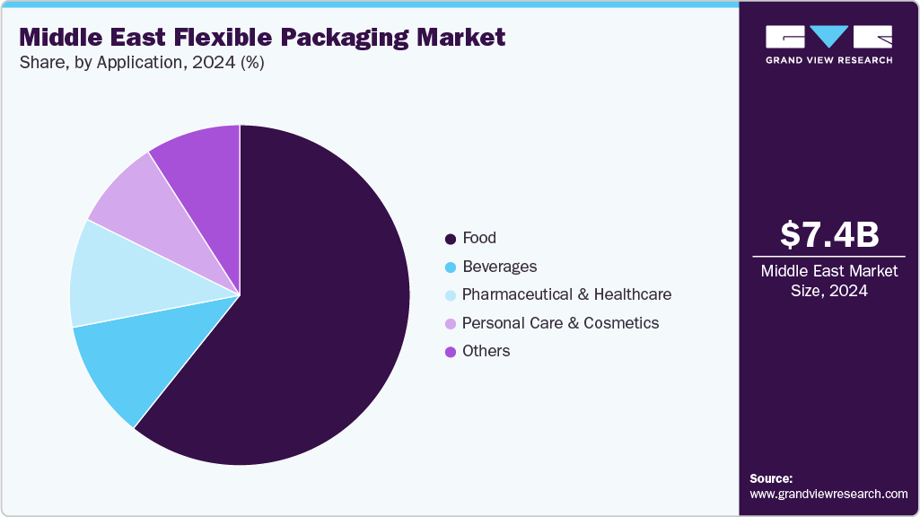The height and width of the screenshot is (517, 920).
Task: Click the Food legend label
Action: point(479,238)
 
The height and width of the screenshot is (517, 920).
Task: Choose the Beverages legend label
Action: point(499,267)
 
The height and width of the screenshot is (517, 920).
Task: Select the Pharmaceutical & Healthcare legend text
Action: point(566,294)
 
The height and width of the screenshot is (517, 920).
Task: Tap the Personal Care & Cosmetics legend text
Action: point(560,323)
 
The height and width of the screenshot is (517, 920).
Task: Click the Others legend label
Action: point(486,351)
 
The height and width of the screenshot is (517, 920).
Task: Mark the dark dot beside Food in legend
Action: point(451,239)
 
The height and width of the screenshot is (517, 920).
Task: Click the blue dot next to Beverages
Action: point(451,267)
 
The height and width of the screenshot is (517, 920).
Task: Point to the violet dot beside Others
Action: point(451,352)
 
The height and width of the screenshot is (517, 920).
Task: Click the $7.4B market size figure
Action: point(828,234)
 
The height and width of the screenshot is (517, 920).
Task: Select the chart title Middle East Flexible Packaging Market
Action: point(262,38)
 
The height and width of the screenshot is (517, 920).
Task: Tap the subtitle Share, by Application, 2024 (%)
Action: point(141,63)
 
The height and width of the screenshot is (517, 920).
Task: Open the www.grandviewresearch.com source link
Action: point(828,494)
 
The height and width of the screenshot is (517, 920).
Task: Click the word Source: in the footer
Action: point(771,478)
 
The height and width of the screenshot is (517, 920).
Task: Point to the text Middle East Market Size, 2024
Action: point(828,280)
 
